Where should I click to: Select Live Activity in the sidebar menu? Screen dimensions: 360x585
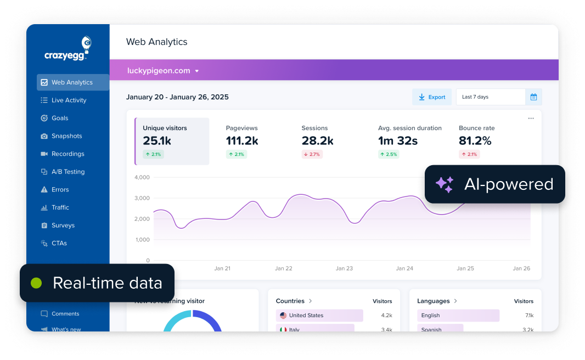(x=69, y=100)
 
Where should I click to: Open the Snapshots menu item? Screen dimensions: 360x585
(x=66, y=136)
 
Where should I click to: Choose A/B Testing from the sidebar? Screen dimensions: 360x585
(x=68, y=172)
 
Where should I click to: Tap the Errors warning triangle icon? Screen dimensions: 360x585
(x=44, y=190)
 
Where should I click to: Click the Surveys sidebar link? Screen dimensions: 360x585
(x=63, y=226)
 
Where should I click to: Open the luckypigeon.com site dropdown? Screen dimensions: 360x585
(x=163, y=71)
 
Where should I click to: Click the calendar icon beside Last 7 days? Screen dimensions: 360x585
(x=533, y=97)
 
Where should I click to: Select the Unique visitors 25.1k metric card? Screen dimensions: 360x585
(x=172, y=141)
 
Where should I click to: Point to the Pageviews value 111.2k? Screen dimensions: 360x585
(x=242, y=141)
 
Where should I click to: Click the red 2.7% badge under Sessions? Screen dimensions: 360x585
(x=312, y=155)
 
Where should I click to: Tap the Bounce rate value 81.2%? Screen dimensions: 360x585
(x=475, y=141)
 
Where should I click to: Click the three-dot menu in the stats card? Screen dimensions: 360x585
(x=531, y=119)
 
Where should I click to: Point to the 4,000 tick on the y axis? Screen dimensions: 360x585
(x=142, y=178)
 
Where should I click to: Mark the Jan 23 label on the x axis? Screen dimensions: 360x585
(x=344, y=268)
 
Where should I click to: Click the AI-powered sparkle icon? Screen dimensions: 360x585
(x=445, y=184)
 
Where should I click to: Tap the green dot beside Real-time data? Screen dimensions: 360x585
(x=36, y=283)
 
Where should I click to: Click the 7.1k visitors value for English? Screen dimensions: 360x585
(x=529, y=316)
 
